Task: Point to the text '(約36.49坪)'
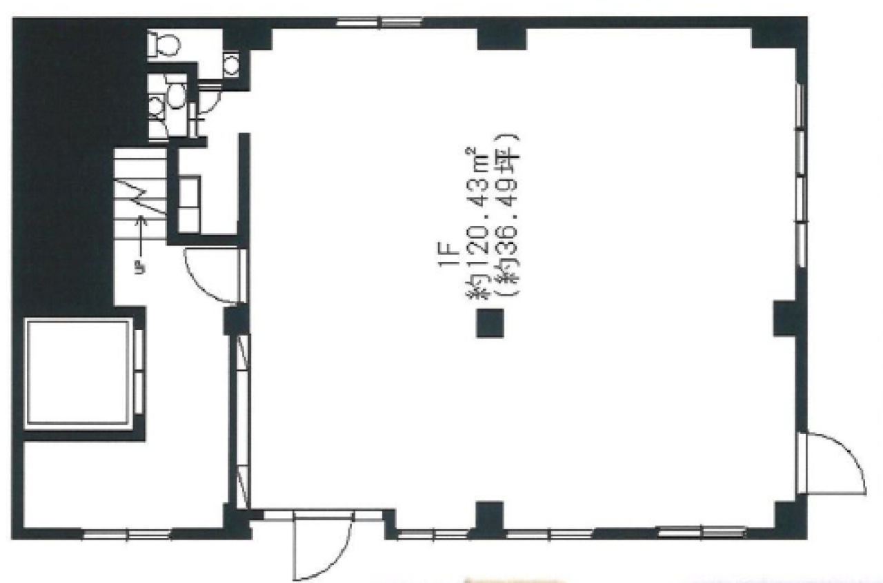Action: pyautogui.click(x=507, y=216)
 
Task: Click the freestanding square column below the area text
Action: pyautogui.click(x=490, y=323)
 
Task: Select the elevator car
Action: pyautogui.click(x=78, y=374)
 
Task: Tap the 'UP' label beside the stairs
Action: pyautogui.click(x=140, y=268)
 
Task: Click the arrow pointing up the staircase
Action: pyautogui.click(x=141, y=236)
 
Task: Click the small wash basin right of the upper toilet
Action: pyautogui.click(x=231, y=65)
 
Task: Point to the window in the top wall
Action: pyautogui.click(x=379, y=22)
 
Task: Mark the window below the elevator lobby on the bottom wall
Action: pyautogui.click(x=127, y=535)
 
